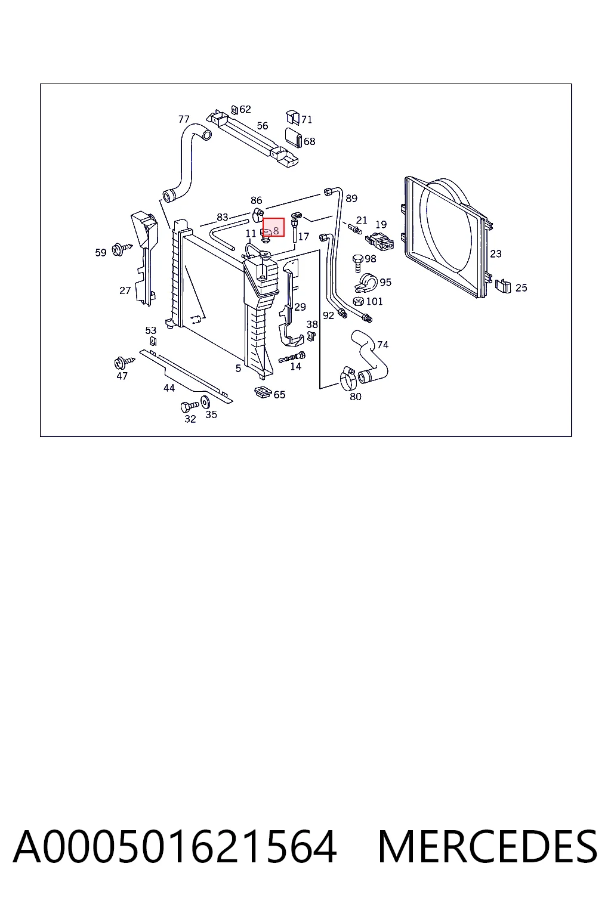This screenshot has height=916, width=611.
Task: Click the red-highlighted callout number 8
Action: click(276, 231)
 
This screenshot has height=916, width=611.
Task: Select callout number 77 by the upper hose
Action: click(184, 119)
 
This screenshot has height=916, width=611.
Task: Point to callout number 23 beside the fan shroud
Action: click(496, 254)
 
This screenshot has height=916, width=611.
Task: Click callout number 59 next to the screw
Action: click(101, 253)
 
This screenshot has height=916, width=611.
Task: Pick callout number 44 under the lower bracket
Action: click(169, 388)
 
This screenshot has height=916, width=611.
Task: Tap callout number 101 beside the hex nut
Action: click(375, 301)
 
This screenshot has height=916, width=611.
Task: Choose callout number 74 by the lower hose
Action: click(382, 345)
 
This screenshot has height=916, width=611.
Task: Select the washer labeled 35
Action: click(205, 402)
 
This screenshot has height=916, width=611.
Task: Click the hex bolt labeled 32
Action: click(189, 407)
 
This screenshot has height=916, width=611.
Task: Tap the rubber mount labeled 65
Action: click(263, 392)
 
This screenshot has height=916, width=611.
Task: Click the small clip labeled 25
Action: click(503, 286)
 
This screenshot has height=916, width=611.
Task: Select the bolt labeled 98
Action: click(357, 263)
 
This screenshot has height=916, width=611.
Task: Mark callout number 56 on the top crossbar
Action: click(263, 126)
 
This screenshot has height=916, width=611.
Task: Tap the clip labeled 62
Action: click(234, 110)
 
